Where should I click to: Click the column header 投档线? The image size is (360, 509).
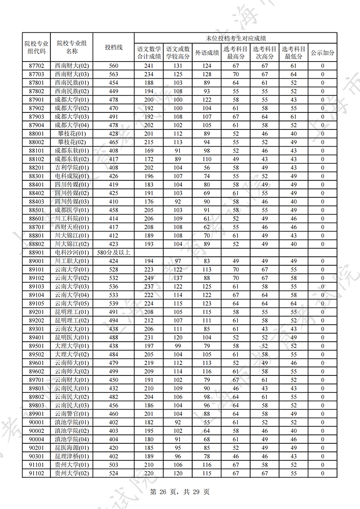[113, 47]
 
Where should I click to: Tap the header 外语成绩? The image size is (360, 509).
[207, 53]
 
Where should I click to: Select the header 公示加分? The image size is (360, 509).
[323, 53]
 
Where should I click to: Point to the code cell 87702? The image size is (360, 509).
[36, 66]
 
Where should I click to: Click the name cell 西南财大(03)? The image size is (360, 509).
[72, 74]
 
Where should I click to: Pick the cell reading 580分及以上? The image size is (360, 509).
[113, 252]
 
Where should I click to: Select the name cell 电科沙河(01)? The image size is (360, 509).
[72, 252]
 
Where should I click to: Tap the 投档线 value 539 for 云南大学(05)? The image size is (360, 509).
[113, 303]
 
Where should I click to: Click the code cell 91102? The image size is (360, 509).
[36, 473]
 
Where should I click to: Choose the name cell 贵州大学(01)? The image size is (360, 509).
[72, 464]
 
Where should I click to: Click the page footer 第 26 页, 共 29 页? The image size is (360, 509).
[180, 492]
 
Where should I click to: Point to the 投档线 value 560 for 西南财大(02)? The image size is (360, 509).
[113, 66]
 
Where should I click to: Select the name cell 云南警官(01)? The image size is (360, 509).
[72, 414]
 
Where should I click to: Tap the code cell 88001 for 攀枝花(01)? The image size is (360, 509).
[36, 134]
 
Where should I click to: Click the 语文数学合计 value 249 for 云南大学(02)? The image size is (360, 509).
[148, 278]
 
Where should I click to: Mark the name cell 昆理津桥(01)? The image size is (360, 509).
[72, 456]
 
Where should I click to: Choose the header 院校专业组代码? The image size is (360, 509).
[36, 47]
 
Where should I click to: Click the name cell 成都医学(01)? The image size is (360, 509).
[72, 210]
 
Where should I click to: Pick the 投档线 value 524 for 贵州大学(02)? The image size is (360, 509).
[113, 473]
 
